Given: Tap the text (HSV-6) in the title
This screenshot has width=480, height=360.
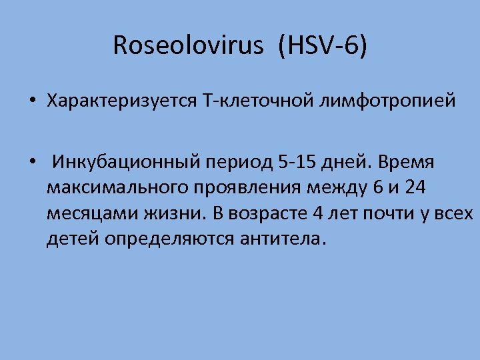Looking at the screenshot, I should [x=323, y=46].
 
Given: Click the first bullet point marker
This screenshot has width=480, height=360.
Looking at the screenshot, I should [x=31, y=102].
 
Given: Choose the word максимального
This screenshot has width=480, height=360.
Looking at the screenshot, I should [x=118, y=189].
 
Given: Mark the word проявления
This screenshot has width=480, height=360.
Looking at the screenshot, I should [x=248, y=189].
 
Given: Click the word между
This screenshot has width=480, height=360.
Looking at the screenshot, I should [x=340, y=189].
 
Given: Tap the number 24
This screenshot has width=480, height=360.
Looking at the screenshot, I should [x=415, y=188].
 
